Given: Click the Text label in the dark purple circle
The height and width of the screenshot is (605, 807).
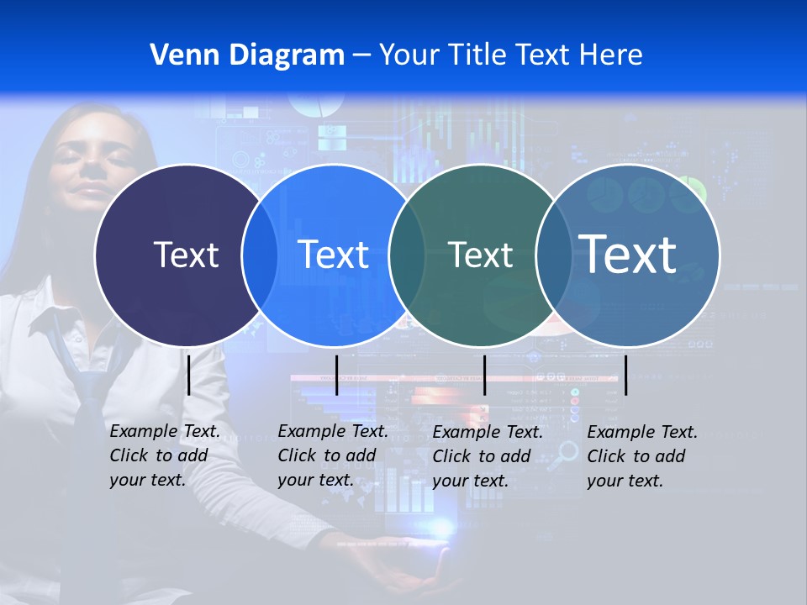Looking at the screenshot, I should (x=186, y=255).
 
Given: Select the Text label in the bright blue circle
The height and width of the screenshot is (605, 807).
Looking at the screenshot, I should (x=333, y=255).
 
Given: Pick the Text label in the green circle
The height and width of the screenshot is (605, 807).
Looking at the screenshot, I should (x=481, y=255).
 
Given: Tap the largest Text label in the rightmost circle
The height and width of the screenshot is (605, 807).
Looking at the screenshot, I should (x=628, y=254).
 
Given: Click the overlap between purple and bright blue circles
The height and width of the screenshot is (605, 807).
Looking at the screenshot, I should (x=260, y=255).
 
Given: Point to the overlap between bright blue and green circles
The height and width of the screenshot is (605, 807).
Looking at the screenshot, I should (x=407, y=255).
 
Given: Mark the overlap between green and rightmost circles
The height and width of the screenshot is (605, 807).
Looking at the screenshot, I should (x=554, y=255).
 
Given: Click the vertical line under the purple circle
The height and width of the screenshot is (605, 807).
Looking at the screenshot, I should (x=189, y=375).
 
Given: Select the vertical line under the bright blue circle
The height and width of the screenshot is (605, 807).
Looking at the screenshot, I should (x=336, y=375).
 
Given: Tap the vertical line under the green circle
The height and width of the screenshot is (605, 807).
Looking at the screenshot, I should (x=484, y=375).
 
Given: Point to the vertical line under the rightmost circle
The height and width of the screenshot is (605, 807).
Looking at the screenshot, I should (x=625, y=375).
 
